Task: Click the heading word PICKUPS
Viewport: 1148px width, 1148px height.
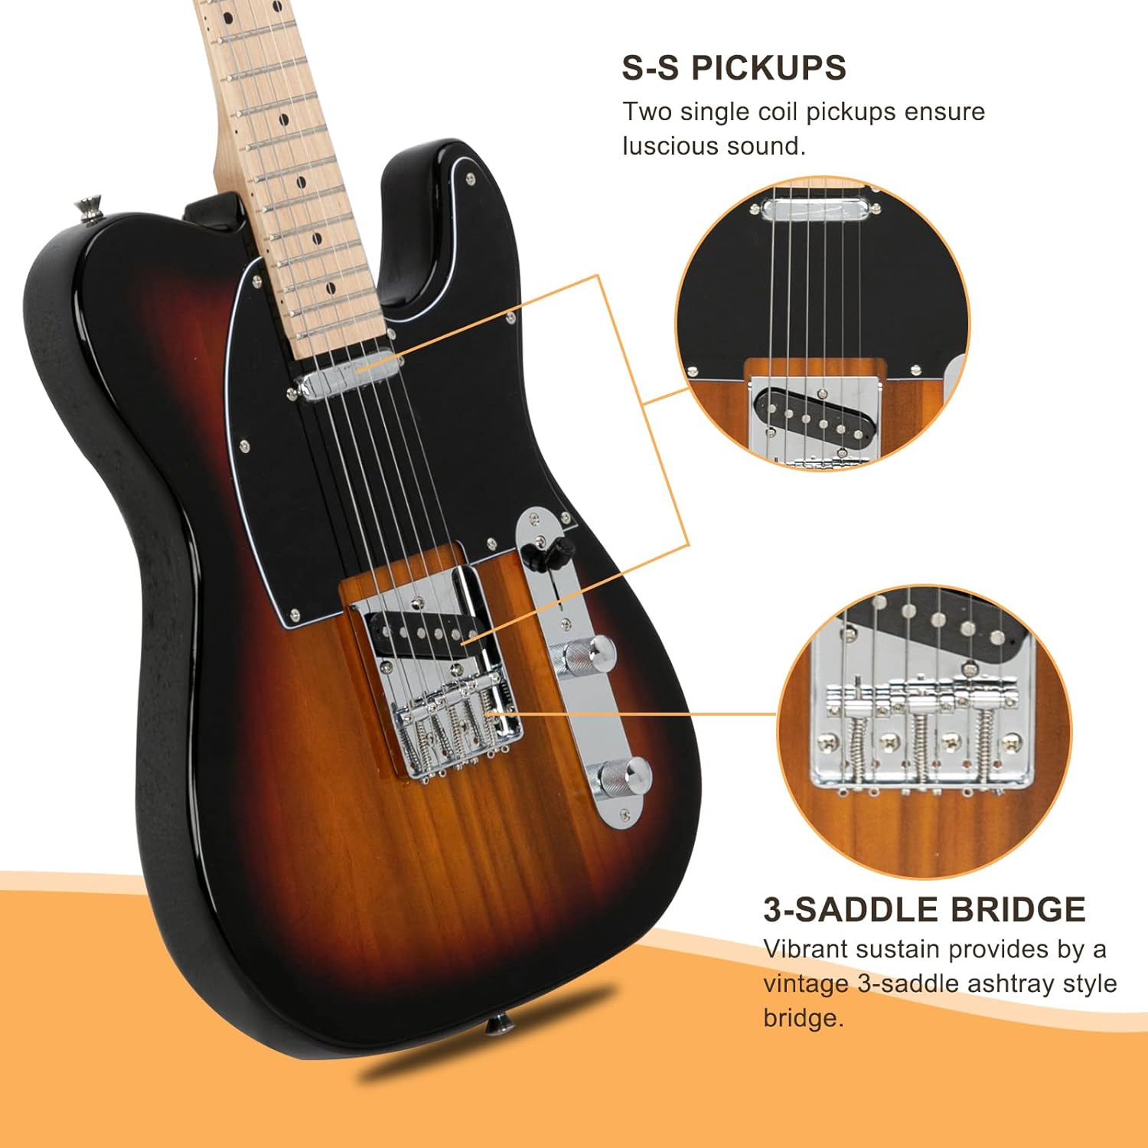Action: [x=768, y=67]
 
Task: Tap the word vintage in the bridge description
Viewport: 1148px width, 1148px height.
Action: [x=806, y=983]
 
